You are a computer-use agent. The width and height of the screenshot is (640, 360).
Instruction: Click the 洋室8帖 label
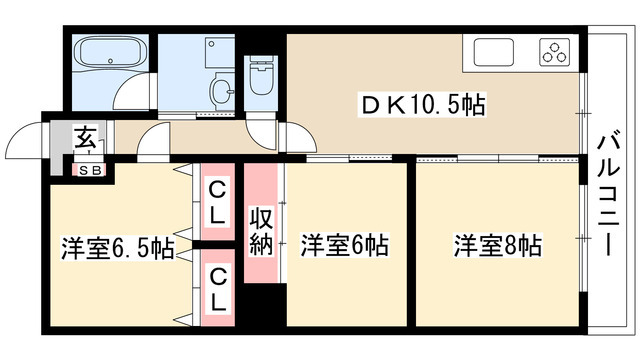click(497, 245)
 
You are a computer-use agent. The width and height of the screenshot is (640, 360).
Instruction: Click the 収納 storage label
click(261, 232)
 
